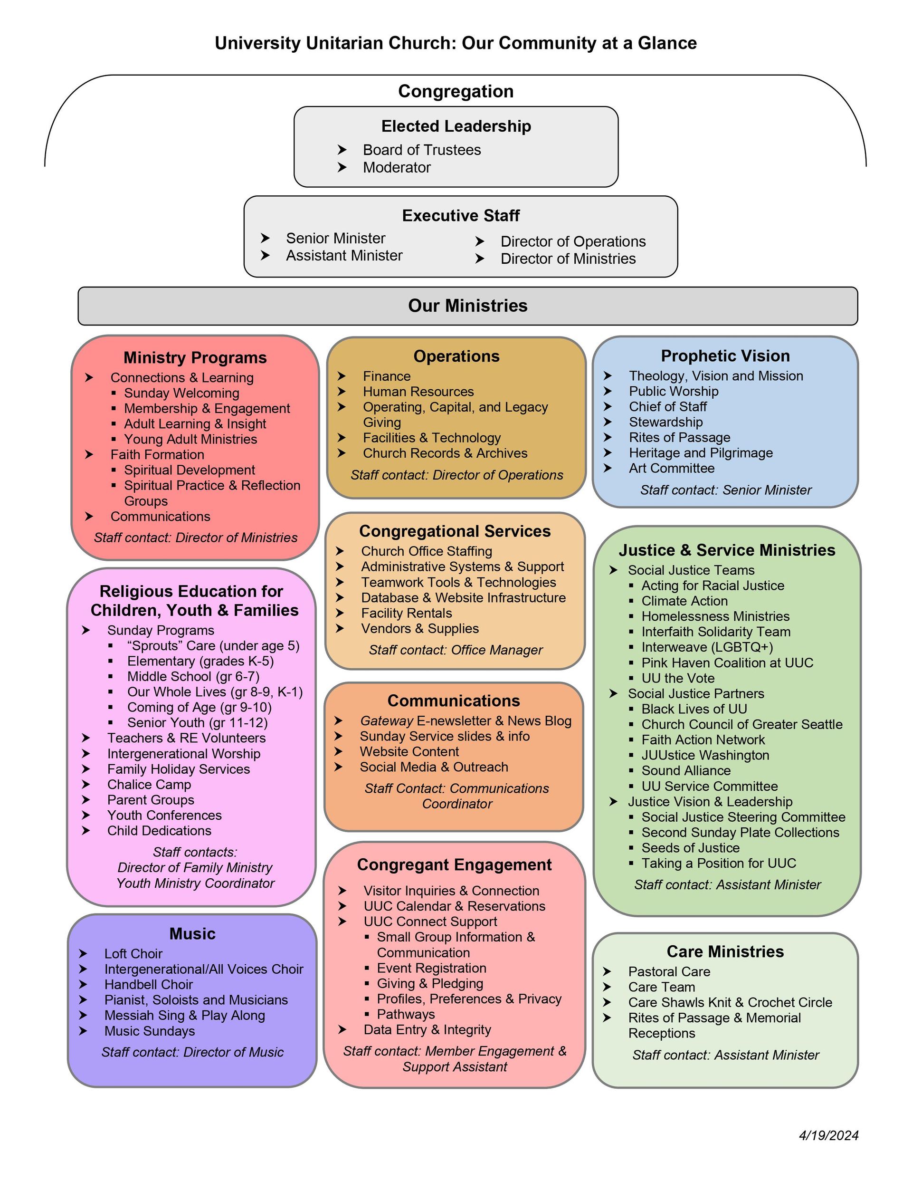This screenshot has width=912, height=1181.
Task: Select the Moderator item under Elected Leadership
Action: tap(396, 168)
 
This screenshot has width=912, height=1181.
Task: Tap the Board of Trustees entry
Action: tap(422, 150)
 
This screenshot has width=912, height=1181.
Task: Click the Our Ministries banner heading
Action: tap(467, 306)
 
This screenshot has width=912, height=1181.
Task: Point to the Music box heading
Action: tap(192, 933)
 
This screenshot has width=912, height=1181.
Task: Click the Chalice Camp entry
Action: tap(149, 784)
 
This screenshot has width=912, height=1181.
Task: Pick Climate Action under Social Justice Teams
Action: tap(684, 601)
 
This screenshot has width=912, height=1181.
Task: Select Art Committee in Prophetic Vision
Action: tap(672, 468)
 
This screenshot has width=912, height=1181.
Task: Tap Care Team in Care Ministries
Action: tap(661, 987)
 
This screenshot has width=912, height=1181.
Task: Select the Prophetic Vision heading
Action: tap(725, 356)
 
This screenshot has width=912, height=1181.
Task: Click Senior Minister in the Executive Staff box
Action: tap(336, 238)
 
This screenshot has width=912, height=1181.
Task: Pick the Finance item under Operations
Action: tap(387, 376)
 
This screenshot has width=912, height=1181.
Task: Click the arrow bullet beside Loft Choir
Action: tap(83, 953)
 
